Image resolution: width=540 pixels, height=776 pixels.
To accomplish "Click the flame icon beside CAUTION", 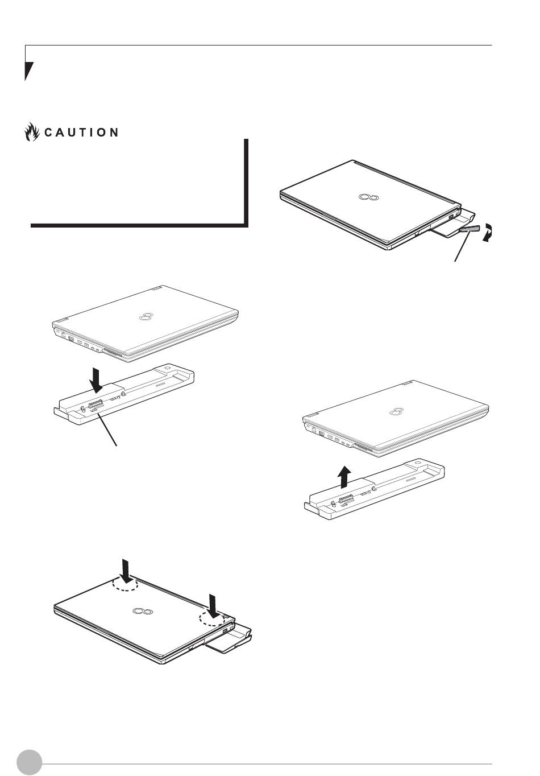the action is pyautogui.click(x=32, y=131).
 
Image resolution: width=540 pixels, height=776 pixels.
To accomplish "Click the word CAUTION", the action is pyautogui.click(x=81, y=133).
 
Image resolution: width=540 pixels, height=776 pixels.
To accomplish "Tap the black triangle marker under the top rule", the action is pyautogui.click(x=28, y=71).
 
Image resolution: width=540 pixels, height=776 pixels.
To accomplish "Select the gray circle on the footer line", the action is pyautogui.click(x=30, y=762).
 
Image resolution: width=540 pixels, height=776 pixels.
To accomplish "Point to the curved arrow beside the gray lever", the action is pyautogui.click(x=488, y=233).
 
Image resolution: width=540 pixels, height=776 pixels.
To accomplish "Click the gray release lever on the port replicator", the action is pyautogui.click(x=470, y=229).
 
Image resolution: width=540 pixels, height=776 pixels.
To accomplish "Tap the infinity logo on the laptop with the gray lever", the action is pyautogui.click(x=368, y=197).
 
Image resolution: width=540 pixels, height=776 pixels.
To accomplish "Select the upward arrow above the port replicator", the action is pyautogui.click(x=344, y=477).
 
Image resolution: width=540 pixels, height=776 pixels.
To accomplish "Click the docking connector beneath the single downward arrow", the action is pyautogui.click(x=96, y=404).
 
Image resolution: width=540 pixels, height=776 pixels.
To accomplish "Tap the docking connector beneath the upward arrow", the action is pyautogui.click(x=346, y=500).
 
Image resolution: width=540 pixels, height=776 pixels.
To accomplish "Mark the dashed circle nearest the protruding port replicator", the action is pyautogui.click(x=213, y=618).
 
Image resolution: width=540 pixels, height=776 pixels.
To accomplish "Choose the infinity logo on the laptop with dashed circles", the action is pyautogui.click(x=143, y=611).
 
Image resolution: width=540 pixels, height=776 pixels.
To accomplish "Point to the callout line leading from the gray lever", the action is pyautogui.click(x=462, y=246).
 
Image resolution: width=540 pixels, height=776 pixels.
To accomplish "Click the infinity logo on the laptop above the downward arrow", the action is pyautogui.click(x=146, y=316).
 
